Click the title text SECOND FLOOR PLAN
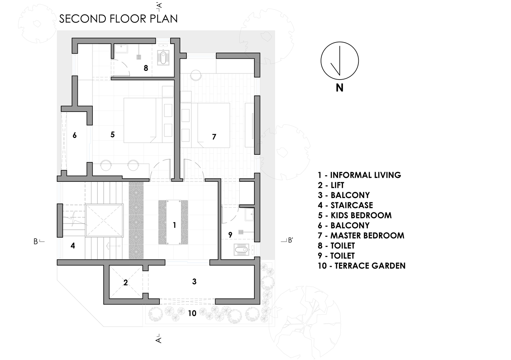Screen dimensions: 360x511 [118, 19]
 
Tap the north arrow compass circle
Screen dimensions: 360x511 [339, 61]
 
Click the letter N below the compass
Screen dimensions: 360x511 [339, 87]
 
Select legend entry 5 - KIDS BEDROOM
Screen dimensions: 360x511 [354, 215]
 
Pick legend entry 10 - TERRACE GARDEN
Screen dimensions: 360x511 [361, 266]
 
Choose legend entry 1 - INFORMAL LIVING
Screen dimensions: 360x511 [359, 175]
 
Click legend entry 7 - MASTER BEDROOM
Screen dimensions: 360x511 [361, 235]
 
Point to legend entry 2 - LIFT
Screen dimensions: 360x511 [331, 185]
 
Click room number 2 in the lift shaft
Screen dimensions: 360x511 [126, 283]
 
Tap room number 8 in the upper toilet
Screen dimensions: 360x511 [146, 68]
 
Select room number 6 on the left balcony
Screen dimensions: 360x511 [74, 135]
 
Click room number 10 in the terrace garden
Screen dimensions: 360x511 [192, 313]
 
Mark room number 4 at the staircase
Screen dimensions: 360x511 [73, 246]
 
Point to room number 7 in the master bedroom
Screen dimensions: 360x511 [214, 137]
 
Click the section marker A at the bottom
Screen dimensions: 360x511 [159, 339]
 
